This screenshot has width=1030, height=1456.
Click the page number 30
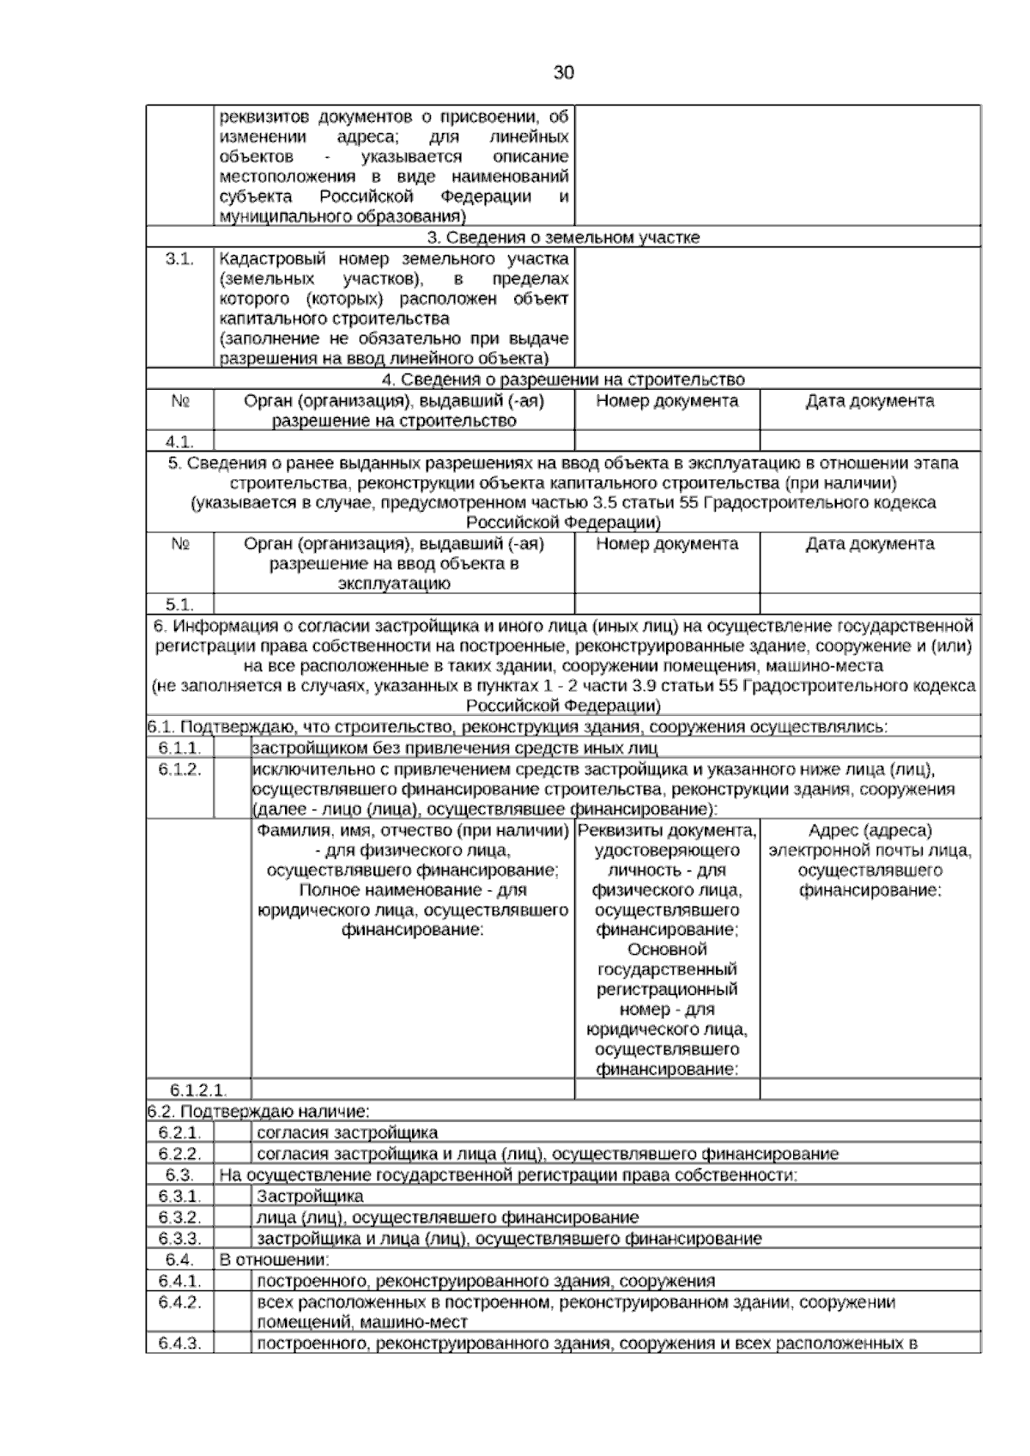[x=563, y=73]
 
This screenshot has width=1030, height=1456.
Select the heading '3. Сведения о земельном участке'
[x=563, y=238]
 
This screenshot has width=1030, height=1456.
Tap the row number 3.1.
[x=179, y=259]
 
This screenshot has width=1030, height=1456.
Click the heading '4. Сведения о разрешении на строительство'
[x=563, y=379]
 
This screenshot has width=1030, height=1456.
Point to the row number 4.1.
[x=179, y=442]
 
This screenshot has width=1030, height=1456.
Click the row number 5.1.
[x=179, y=605]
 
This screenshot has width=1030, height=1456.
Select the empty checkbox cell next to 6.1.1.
[x=232, y=748]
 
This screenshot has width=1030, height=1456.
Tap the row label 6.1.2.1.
[x=198, y=1090]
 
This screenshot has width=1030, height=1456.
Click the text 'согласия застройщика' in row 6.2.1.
[x=347, y=1133]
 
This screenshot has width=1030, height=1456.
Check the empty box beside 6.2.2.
[x=232, y=1154]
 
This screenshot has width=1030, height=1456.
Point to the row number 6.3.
[x=179, y=1175]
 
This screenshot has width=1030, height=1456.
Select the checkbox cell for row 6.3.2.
[x=232, y=1217]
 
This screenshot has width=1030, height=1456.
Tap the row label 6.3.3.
[x=179, y=1239]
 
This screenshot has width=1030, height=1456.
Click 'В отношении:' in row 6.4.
[x=275, y=1260]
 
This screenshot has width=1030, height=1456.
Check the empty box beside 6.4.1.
[x=232, y=1282]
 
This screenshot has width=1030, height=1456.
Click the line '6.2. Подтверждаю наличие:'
[x=258, y=1112]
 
